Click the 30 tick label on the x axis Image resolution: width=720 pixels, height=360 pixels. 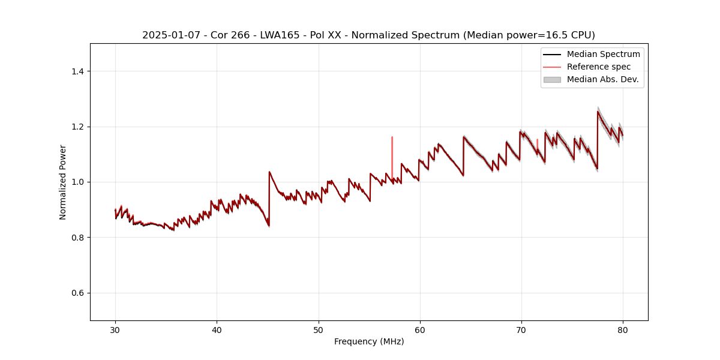click(x=115, y=329)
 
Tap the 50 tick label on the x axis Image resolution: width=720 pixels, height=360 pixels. click(x=319, y=329)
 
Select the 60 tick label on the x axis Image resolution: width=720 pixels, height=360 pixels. click(x=420, y=329)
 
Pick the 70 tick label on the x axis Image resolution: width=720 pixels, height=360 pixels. click(x=521, y=329)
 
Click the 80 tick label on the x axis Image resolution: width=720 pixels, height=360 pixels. click(x=623, y=329)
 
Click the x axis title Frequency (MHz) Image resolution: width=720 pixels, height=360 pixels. click(x=369, y=341)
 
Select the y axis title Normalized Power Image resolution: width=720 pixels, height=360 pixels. click(x=63, y=182)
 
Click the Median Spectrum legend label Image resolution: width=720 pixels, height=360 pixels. click(x=603, y=54)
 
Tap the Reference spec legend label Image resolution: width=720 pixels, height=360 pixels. click(x=599, y=67)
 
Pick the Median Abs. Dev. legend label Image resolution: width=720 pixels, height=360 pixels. click(x=603, y=79)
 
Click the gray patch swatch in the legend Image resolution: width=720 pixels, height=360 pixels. click(x=552, y=79)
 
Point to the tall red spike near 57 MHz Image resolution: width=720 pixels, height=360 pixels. click(x=392, y=150)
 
